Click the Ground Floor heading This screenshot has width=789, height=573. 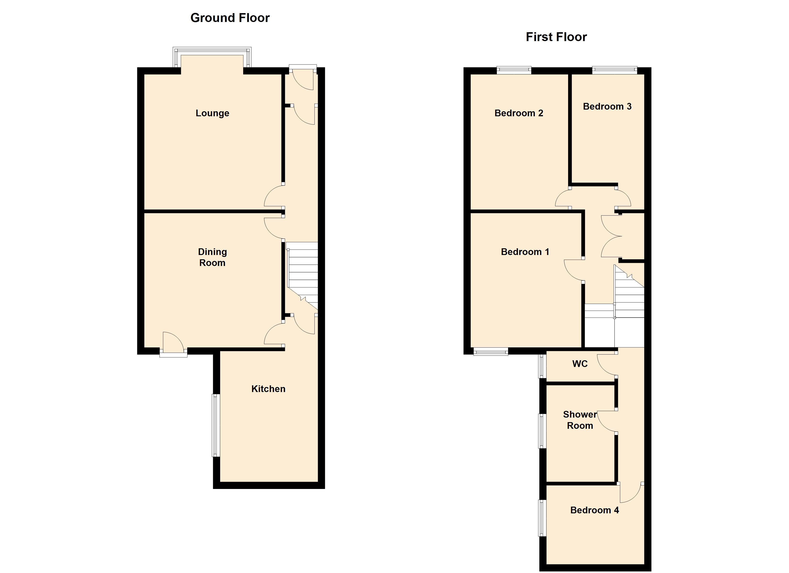click(230, 18)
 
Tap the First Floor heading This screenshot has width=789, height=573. click(556, 37)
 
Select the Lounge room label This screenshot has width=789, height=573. click(212, 113)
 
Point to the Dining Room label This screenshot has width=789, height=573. click(212, 257)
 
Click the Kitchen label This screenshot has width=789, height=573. click(268, 389)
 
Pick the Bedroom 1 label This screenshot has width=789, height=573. click(525, 252)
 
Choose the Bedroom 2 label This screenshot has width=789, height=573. click(519, 113)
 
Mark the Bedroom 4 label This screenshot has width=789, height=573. click(595, 510)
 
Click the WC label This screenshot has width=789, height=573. click(580, 364)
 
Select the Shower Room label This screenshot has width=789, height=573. click(580, 420)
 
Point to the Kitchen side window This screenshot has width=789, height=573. click(216, 425)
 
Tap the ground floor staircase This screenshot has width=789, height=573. click(302, 276)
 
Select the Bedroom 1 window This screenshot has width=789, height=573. click(491, 352)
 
